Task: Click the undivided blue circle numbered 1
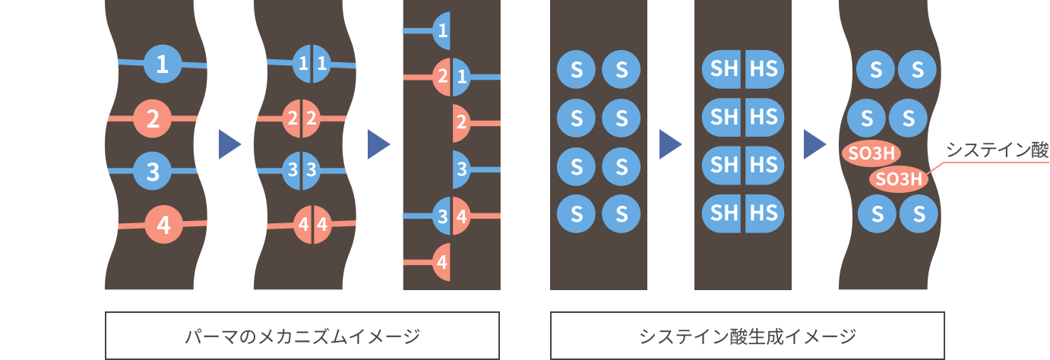[161, 65]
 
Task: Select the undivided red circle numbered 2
[152, 119]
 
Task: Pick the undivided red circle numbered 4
[163, 225]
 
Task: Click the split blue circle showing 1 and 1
[312, 65]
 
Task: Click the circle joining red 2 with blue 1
[451, 77]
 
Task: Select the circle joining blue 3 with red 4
[451, 216]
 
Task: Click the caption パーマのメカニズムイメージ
[302, 335]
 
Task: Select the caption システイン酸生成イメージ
[748, 335]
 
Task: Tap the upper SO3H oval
[871, 153]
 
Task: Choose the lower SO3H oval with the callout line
[899, 179]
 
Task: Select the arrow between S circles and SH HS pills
[670, 144]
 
